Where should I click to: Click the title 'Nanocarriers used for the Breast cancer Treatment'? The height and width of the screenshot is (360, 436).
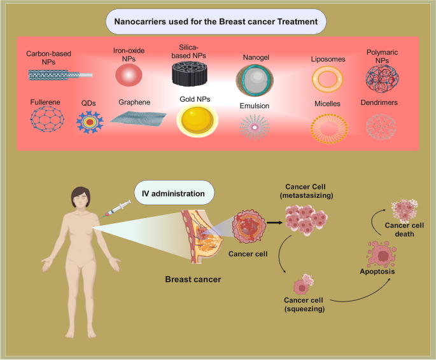point(216,21)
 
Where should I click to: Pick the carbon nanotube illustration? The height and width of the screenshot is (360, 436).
point(60,74)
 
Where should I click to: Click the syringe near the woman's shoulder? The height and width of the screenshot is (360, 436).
point(118,209)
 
